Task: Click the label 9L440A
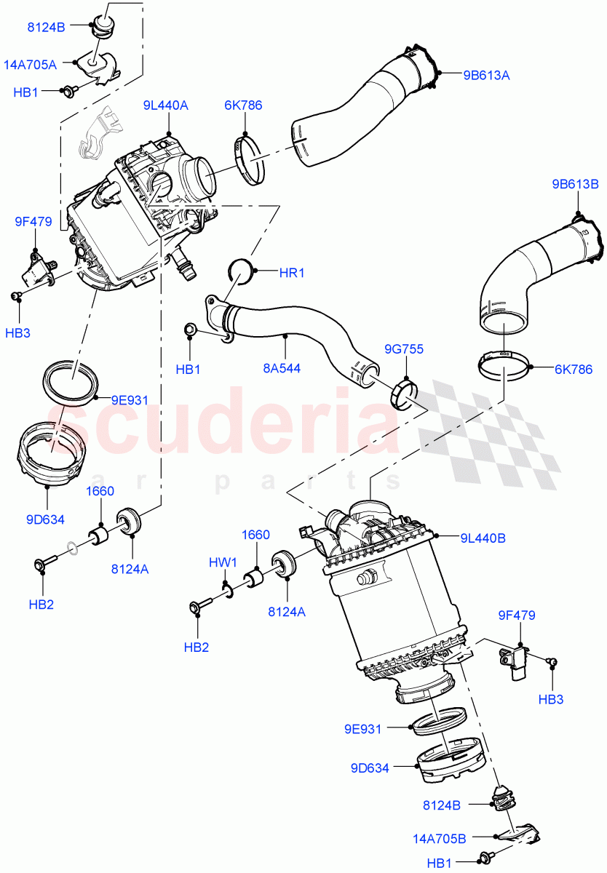[166, 105]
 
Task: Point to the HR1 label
[292, 273]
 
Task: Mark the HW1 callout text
[223, 562]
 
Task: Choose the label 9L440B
[483, 538]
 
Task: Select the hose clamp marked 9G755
[405, 392]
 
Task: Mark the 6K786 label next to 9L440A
[243, 105]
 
